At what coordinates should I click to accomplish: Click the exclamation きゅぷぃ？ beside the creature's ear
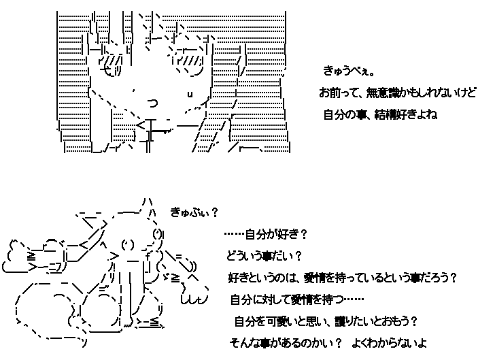tap(194, 212)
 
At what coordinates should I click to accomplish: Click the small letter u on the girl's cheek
tap(190, 93)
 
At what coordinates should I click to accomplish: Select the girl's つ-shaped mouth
tap(152, 103)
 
